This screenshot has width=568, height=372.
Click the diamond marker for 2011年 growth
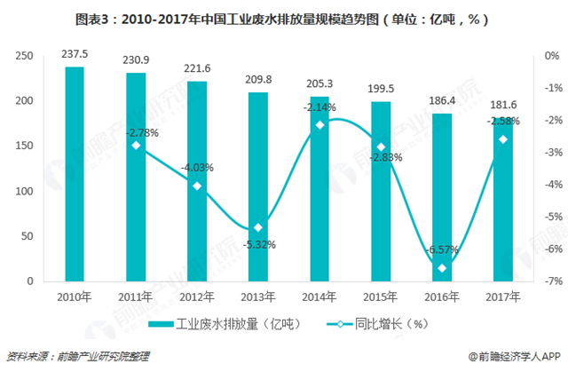point(135,146)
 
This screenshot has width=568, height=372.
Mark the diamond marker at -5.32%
point(257,228)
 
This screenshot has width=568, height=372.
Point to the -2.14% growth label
point(319,107)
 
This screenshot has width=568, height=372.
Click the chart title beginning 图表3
point(284,18)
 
